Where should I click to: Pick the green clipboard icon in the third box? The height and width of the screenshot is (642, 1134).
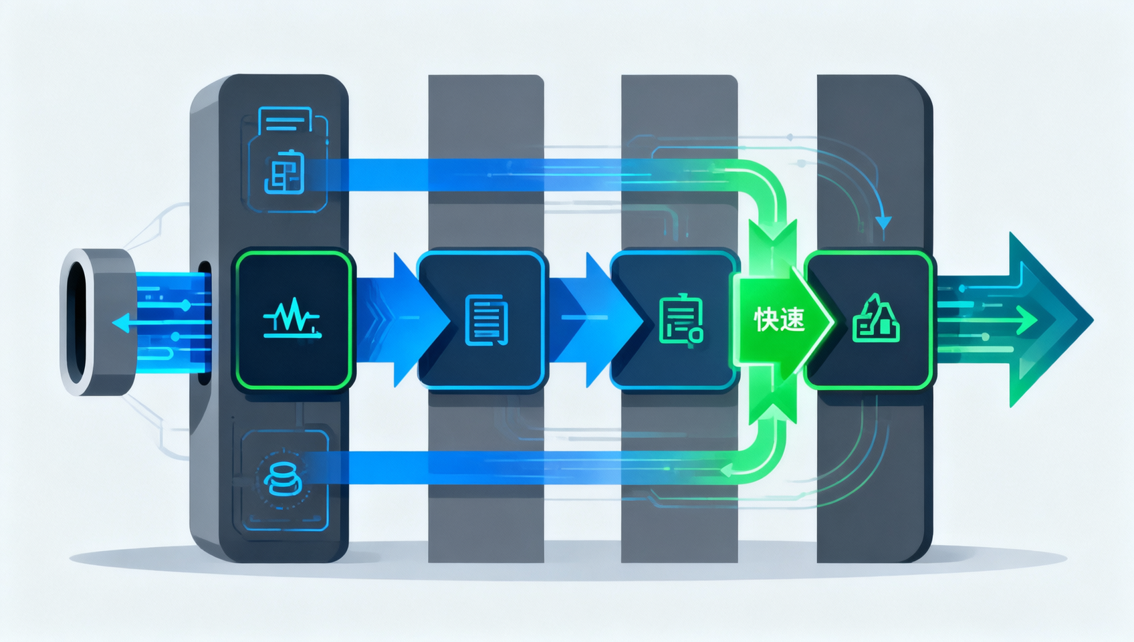681,320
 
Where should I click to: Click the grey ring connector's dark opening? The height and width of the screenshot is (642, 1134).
77,322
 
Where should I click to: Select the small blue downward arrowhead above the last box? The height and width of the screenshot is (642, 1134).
883,223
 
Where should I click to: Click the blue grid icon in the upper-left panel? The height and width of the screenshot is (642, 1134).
285,172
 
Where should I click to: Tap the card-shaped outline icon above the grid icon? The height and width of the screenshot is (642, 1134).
285,120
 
